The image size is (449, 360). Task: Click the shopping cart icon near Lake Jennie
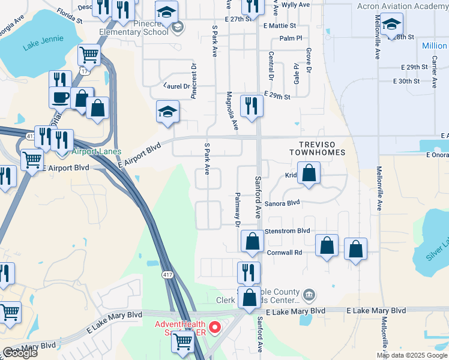(x=89, y=55)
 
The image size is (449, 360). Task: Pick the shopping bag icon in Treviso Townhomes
(x=309, y=173)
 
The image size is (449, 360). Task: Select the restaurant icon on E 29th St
(x=252, y=106)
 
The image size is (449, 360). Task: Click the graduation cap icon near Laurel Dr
(x=167, y=112)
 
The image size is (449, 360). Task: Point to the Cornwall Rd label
(x=284, y=253)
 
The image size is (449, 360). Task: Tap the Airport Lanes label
(x=97, y=152)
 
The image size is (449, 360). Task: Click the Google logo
(x=20, y=353)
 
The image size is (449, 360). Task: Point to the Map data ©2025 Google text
(x=411, y=355)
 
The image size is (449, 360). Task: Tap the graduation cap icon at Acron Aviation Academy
(x=391, y=25)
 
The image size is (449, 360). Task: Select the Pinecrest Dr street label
(x=194, y=80)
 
